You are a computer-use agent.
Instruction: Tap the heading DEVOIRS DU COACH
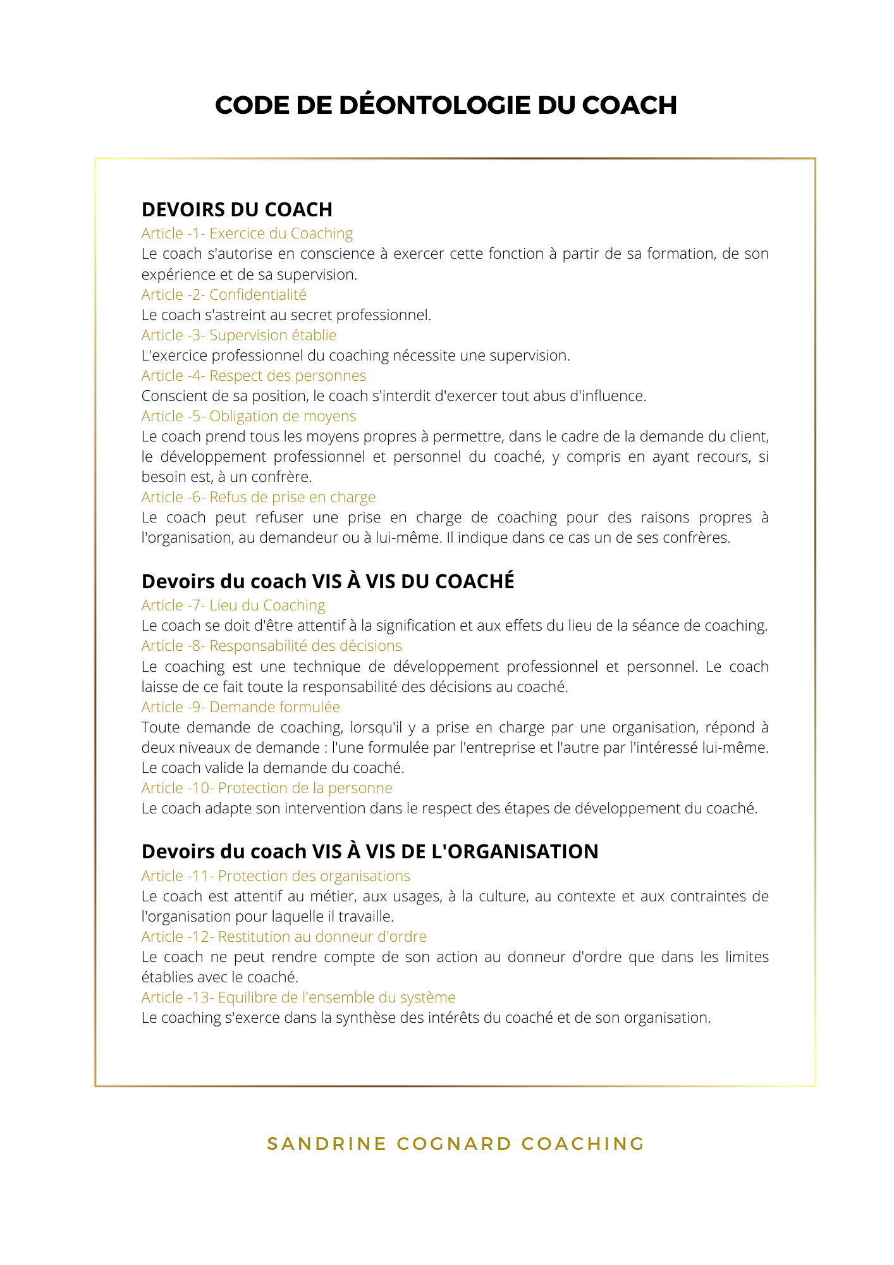click(x=237, y=209)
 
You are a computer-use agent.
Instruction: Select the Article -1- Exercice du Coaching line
click(x=247, y=233)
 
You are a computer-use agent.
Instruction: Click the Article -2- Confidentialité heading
click(x=224, y=295)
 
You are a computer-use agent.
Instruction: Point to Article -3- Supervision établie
click(x=239, y=335)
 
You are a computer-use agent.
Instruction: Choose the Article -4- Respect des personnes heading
click(x=254, y=376)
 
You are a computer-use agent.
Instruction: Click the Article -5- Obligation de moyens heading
click(x=248, y=416)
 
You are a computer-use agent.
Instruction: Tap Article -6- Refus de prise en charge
click(x=259, y=497)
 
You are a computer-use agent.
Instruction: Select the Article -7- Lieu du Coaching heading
click(x=233, y=605)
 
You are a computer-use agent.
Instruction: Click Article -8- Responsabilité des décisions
click(x=272, y=646)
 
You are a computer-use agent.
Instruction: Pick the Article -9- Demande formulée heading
click(x=241, y=707)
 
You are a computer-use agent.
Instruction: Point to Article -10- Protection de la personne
click(x=267, y=788)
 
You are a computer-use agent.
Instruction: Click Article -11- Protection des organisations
click(x=276, y=876)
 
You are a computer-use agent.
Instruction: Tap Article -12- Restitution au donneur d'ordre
click(x=284, y=937)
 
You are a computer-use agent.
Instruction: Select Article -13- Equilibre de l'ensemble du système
click(x=298, y=997)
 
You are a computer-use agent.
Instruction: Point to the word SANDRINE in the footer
click(x=327, y=1144)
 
